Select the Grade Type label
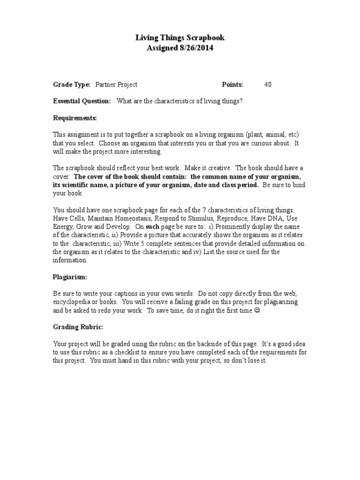point(71,85)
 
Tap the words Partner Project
point(116,85)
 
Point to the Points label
point(232,85)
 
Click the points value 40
point(268,85)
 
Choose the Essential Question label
point(82,101)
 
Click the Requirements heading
point(75,118)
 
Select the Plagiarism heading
point(70,277)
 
